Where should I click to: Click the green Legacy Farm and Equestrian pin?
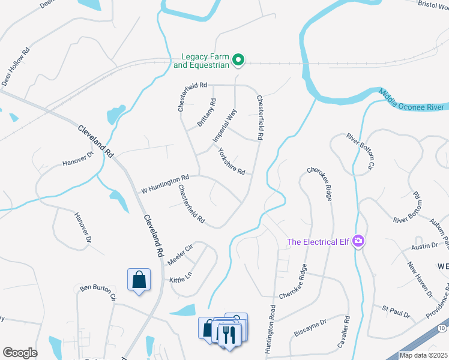pos(238,59)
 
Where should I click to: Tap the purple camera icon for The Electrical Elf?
pos(359,241)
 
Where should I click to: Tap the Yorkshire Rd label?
pos(231,161)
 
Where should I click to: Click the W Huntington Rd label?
pos(165,184)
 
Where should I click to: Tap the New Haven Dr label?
pos(420,279)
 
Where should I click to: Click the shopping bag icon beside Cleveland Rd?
pos(139,280)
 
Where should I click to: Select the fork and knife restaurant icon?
pos(228,333)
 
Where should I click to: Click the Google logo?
pos(20,352)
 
